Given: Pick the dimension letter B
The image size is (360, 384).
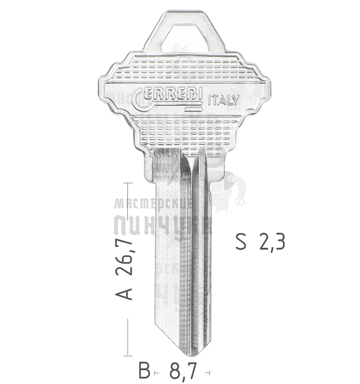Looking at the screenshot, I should coord(144,371).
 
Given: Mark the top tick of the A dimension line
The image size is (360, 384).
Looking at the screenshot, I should coord(128,183).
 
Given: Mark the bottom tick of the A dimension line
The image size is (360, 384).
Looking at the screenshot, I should coord(128,356).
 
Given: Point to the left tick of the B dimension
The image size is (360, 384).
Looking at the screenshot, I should coord(155,372).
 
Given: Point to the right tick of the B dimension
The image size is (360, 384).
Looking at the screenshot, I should coord(209,372).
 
